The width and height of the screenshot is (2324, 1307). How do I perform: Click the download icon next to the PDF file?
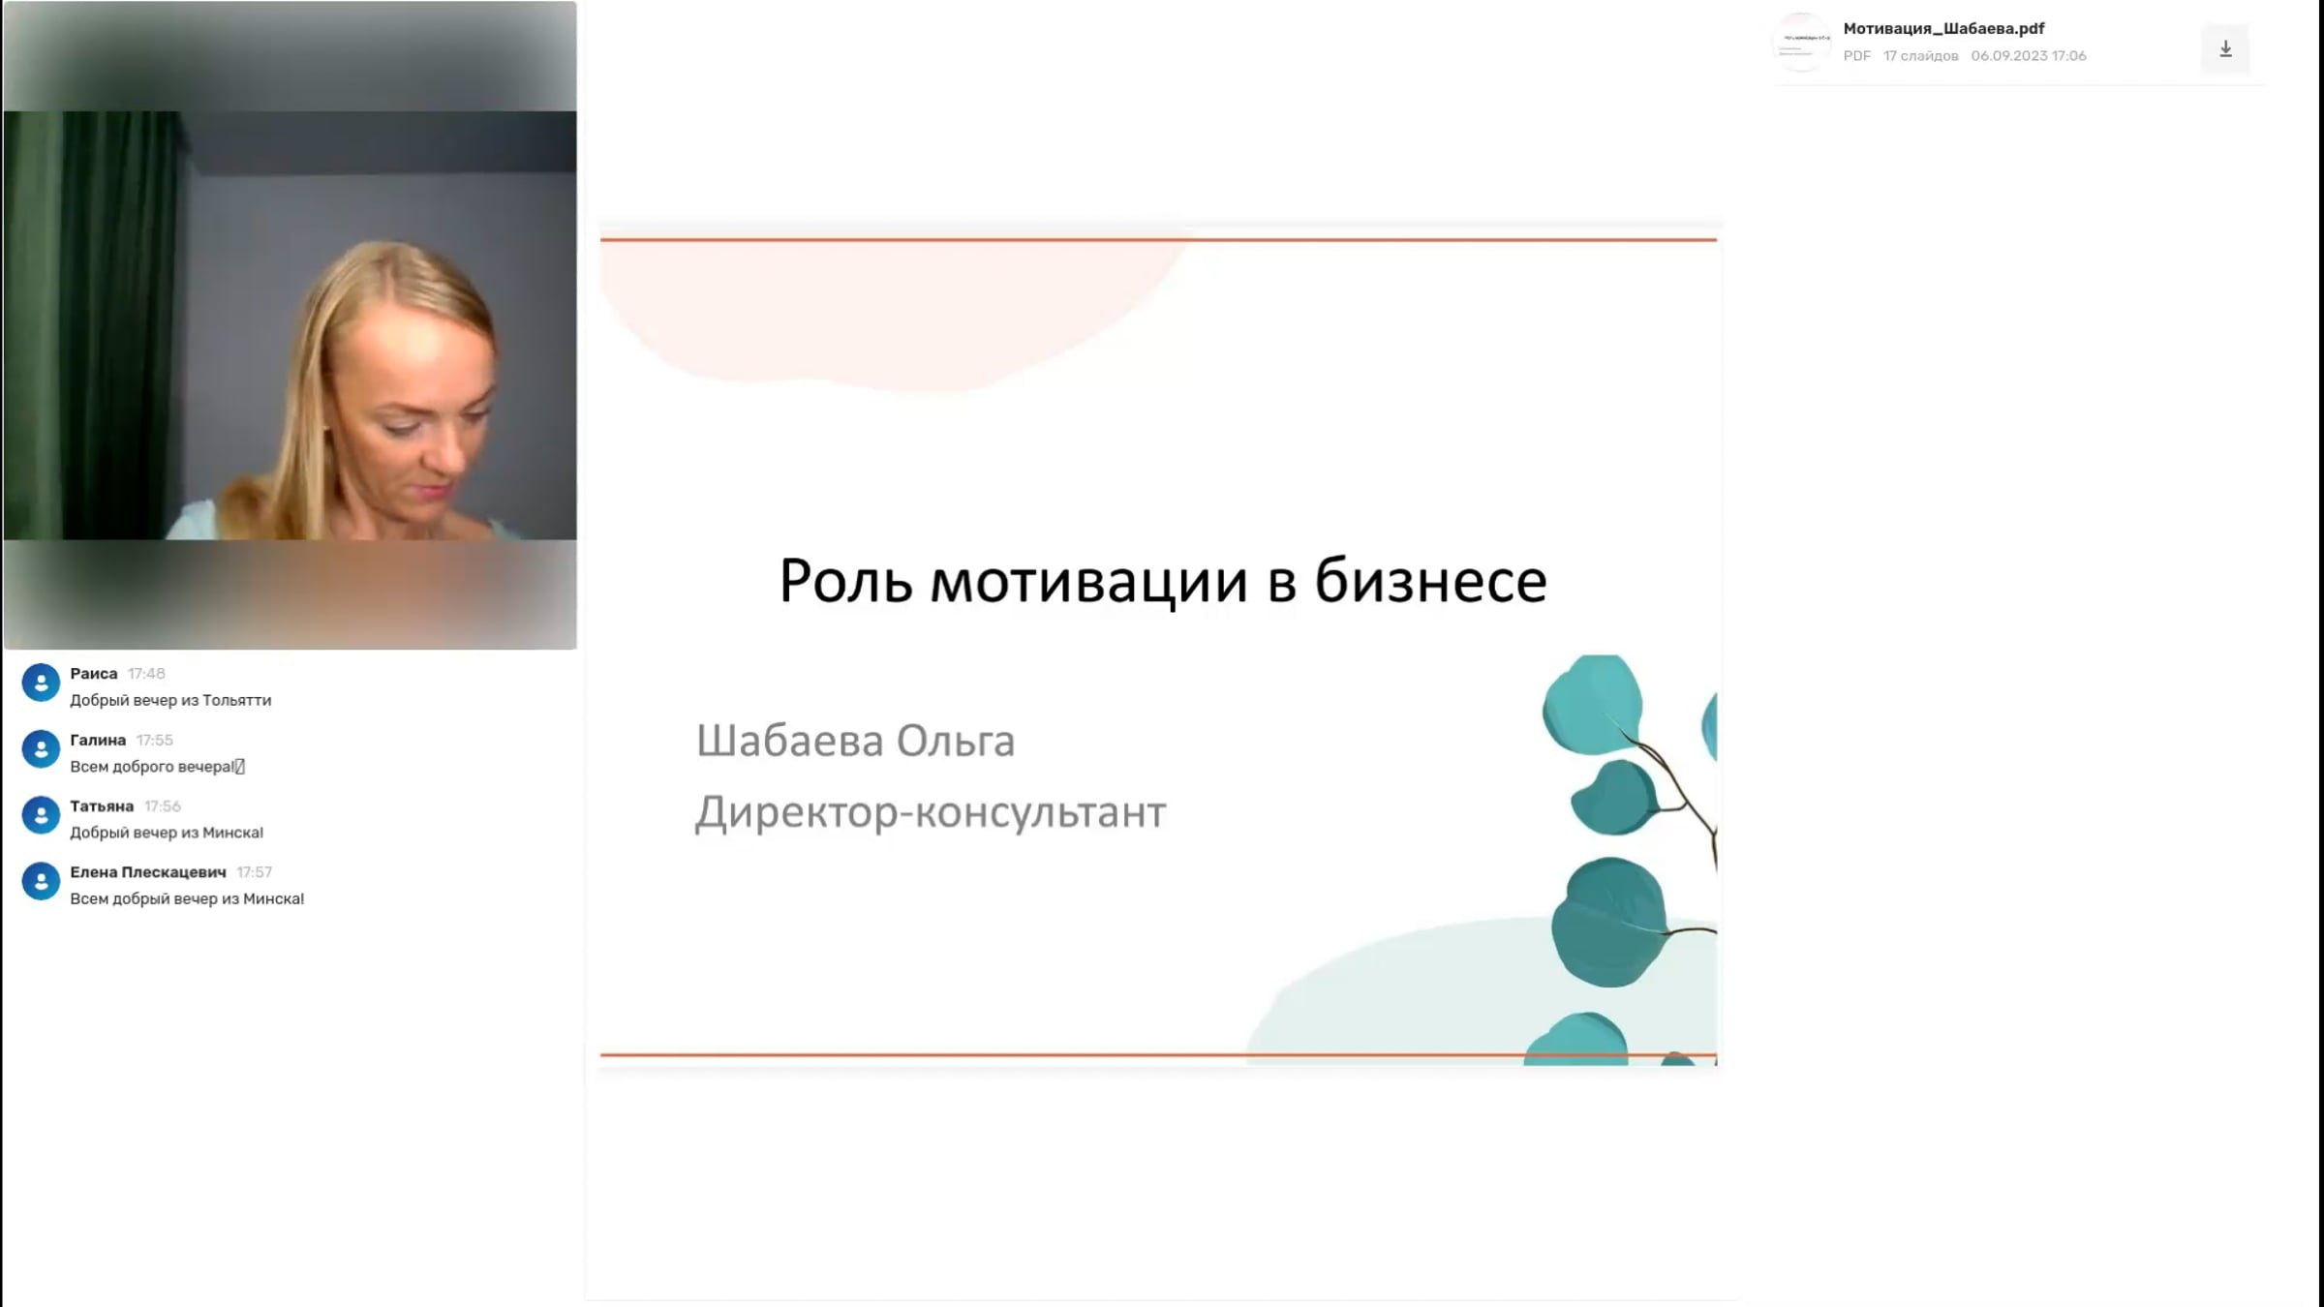pyautogui.click(x=2225, y=48)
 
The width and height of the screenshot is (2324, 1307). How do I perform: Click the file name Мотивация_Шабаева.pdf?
pyautogui.click(x=1943, y=29)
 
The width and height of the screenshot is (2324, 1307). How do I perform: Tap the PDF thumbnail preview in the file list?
pyautogui.click(x=1801, y=42)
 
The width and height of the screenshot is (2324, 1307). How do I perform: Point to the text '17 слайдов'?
pyautogui.click(x=1920, y=56)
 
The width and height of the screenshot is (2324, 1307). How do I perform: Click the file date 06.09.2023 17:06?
pyautogui.click(x=2029, y=56)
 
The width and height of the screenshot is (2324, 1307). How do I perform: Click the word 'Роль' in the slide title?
pyautogui.click(x=845, y=582)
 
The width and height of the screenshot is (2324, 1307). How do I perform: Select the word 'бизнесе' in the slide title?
pyautogui.click(x=1430, y=582)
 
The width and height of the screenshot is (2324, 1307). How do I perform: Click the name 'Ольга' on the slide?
pyautogui.click(x=955, y=741)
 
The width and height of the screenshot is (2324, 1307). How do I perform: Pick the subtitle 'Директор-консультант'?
pyautogui.click(x=931, y=812)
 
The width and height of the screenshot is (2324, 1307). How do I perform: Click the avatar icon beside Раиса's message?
pyautogui.click(x=41, y=683)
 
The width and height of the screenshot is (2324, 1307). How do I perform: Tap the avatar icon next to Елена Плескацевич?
pyautogui.click(x=41, y=881)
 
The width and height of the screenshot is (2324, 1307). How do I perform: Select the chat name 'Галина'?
pyautogui.click(x=98, y=740)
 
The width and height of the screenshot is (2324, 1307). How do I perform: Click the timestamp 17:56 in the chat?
pyautogui.click(x=163, y=805)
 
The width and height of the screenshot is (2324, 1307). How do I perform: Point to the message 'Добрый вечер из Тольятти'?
pyautogui.click(x=170, y=700)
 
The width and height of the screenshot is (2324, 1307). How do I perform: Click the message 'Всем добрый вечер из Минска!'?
pyautogui.click(x=187, y=898)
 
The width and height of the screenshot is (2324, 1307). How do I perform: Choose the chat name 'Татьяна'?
pyautogui.click(x=102, y=805)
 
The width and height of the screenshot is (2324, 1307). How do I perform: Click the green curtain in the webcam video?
pyautogui.click(x=92, y=324)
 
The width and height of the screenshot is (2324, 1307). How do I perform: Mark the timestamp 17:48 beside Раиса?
pyautogui.click(x=146, y=674)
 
